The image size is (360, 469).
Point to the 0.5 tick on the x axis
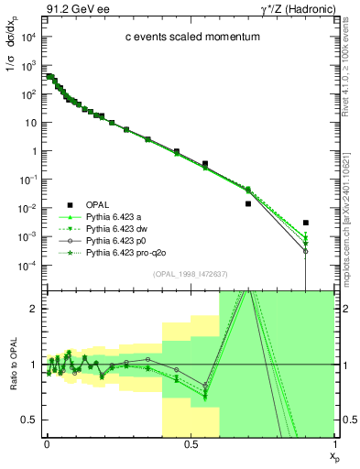coord(190,443)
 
